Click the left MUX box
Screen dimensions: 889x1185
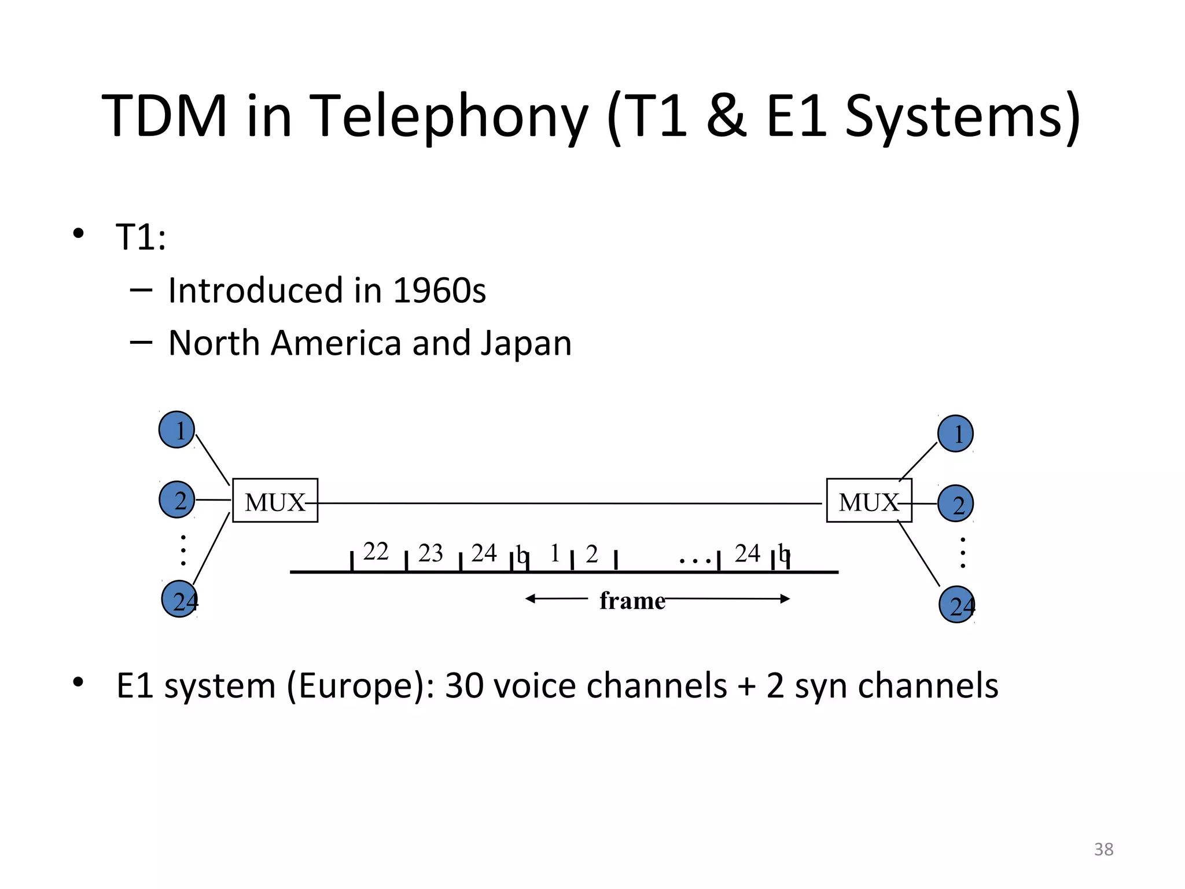[x=275, y=501]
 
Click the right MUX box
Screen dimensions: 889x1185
[x=868, y=501]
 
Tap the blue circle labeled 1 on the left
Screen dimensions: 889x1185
[x=176, y=430]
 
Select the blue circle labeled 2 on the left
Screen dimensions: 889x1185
[x=177, y=499]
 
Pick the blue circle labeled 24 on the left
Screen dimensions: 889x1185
[x=179, y=599]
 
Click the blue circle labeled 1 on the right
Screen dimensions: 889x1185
[x=955, y=434]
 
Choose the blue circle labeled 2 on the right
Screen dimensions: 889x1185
[x=955, y=504]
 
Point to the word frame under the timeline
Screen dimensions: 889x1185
[x=632, y=601]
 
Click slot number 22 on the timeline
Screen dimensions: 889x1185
[x=376, y=552]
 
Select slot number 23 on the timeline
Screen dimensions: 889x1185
[x=430, y=553]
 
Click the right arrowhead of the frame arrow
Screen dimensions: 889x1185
[x=785, y=598]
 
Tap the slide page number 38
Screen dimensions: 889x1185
[x=1103, y=849]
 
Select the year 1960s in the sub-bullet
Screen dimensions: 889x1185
[x=439, y=291]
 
